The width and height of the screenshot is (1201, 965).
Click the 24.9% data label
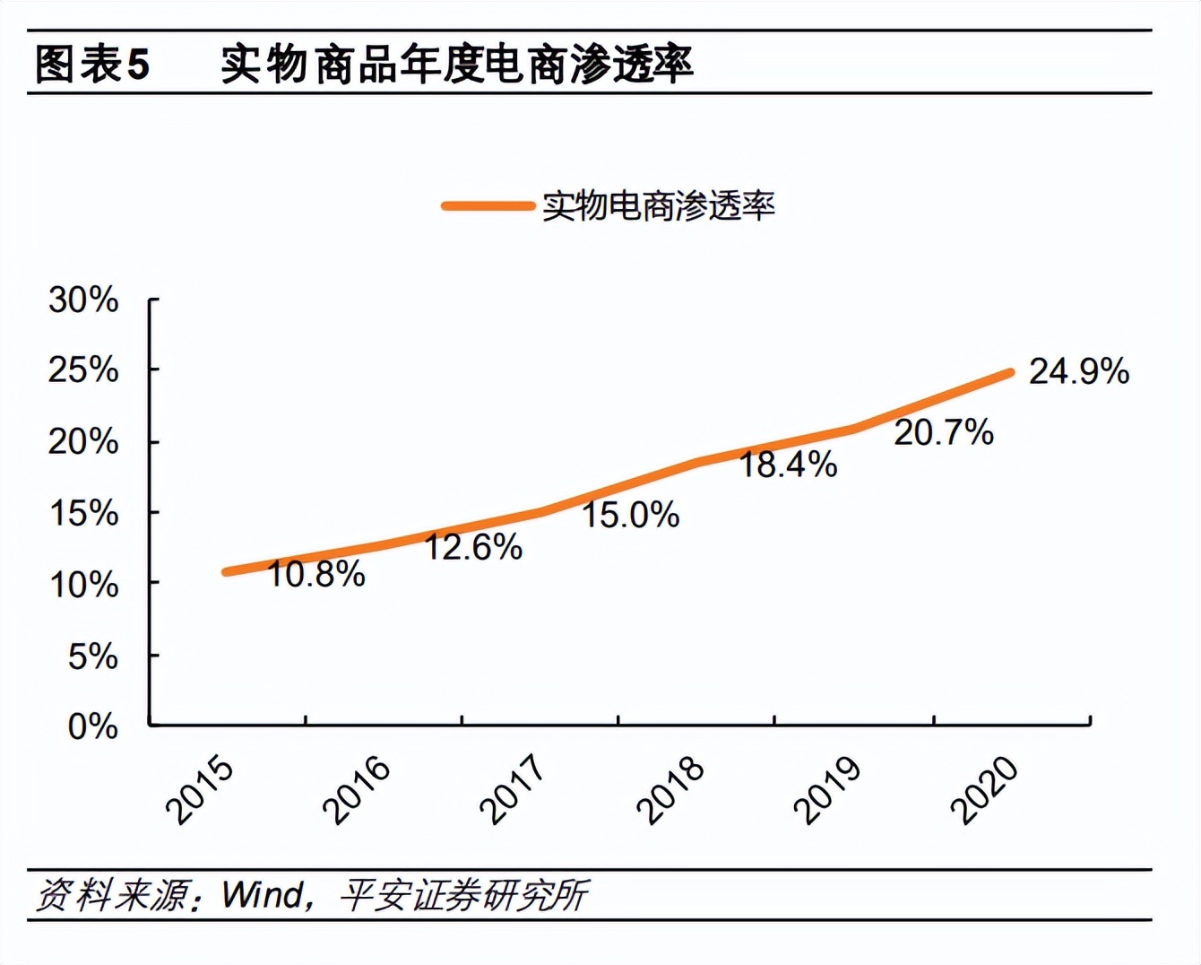pyautogui.click(x=1078, y=371)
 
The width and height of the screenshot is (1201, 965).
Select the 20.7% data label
pyautogui.click(x=943, y=432)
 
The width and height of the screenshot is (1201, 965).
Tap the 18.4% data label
pyautogui.click(x=787, y=465)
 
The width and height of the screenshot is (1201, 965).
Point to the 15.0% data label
pyautogui.click(x=630, y=515)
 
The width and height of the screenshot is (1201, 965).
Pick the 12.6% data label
pyautogui.click(x=472, y=547)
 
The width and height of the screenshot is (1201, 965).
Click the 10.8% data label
pyautogui.click(x=315, y=574)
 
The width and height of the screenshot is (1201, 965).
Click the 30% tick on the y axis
pyautogui.click(x=83, y=300)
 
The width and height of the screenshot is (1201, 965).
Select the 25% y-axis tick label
pyautogui.click(x=83, y=369)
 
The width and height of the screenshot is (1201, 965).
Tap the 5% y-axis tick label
pyautogui.click(x=92, y=656)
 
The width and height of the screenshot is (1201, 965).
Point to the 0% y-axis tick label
pyautogui.click(x=92, y=726)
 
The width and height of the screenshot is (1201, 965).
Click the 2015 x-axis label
pyautogui.click(x=200, y=791)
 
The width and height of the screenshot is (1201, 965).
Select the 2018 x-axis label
pyautogui.click(x=670, y=791)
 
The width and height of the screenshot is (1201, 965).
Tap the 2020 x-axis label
pyautogui.click(x=984, y=791)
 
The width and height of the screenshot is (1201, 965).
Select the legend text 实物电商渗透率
pyautogui.click(x=658, y=206)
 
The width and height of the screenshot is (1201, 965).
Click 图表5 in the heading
pyautogui.click(x=91, y=65)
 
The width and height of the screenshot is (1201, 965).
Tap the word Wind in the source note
pyautogui.click(x=263, y=895)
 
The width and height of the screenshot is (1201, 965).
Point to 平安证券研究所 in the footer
pyautogui.click(x=463, y=895)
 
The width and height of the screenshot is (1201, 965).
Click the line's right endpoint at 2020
pyautogui.click(x=1011, y=372)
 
